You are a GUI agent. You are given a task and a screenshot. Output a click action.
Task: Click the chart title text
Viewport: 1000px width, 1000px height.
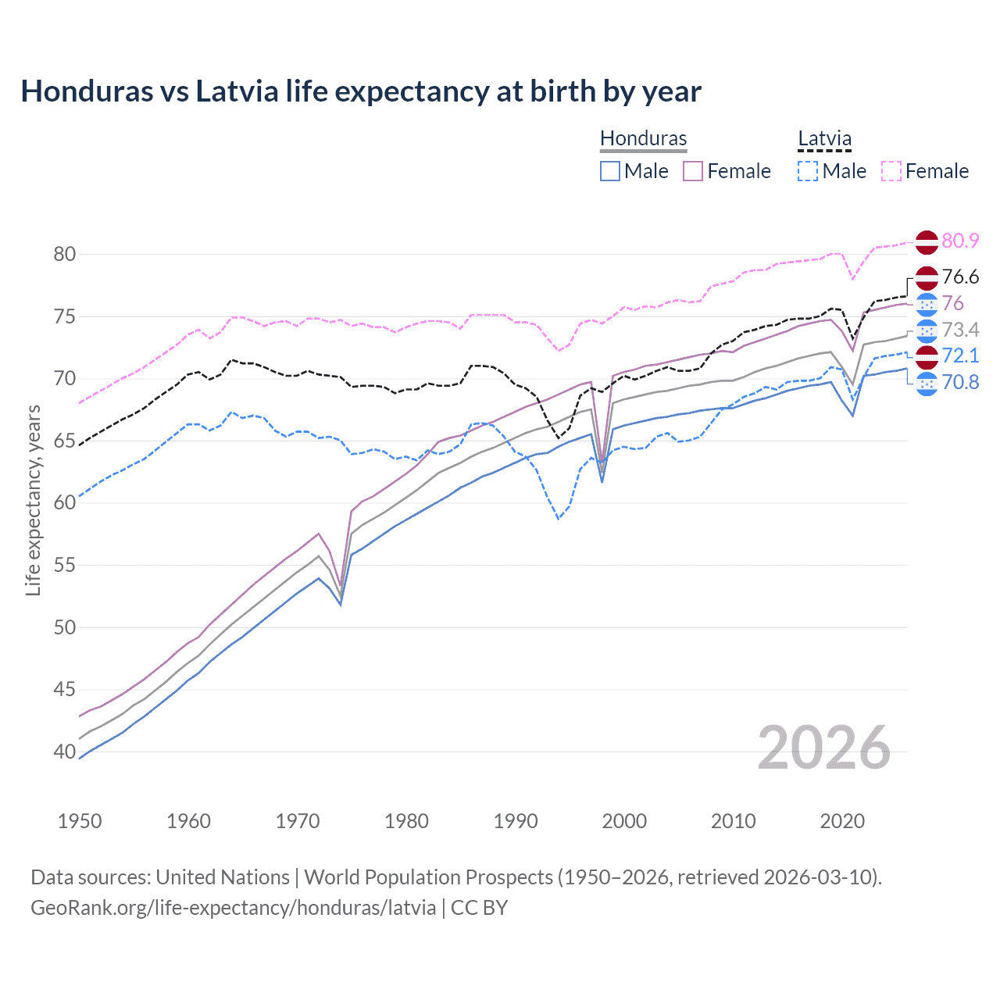click(361, 91)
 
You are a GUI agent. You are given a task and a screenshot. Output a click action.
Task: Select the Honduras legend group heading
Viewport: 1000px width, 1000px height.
click(643, 138)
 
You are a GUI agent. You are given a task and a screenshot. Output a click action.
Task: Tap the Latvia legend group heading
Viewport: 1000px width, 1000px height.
click(824, 138)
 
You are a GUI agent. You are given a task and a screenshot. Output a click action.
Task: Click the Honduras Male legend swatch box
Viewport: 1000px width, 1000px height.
click(610, 171)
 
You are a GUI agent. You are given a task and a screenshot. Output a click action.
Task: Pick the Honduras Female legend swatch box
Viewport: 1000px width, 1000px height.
click(693, 171)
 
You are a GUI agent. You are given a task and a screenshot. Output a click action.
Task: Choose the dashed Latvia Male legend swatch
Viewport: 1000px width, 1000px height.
click(808, 171)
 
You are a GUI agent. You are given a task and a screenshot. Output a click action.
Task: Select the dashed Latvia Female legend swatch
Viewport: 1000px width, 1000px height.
click(891, 171)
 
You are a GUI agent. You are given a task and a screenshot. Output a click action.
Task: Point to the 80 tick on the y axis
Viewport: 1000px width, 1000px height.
click(65, 254)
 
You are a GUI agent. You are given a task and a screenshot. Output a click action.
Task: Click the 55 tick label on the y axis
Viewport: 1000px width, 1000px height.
click(65, 565)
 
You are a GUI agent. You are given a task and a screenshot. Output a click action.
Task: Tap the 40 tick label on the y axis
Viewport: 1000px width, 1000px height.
click(65, 752)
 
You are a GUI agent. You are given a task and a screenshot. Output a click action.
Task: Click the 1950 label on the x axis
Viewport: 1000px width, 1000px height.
click(80, 821)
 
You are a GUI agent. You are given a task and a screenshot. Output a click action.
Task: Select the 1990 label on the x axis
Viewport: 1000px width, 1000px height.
click(516, 821)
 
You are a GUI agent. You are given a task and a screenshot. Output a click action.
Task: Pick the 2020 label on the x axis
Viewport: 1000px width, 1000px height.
click(842, 821)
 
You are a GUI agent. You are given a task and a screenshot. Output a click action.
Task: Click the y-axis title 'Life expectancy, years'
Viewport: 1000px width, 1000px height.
click(34, 500)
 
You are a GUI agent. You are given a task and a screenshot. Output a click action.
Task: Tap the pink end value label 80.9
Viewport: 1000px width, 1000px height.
click(960, 241)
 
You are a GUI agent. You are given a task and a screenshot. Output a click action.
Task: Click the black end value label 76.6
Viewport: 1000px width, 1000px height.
click(960, 277)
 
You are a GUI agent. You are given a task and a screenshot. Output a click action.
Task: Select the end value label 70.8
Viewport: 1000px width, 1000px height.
click(960, 382)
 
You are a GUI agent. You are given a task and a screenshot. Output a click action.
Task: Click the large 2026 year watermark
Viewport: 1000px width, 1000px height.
click(824, 748)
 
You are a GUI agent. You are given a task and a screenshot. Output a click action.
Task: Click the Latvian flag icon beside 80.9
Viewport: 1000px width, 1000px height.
click(927, 241)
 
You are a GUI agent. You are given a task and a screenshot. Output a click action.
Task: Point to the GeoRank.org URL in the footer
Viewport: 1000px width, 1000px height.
click(233, 908)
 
